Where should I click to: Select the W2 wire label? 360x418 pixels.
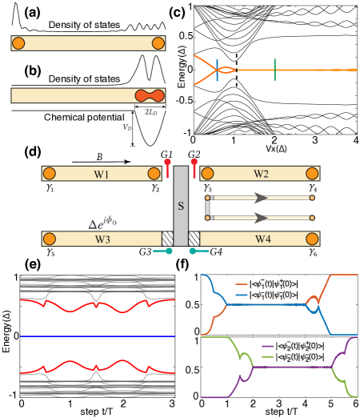click(261, 174)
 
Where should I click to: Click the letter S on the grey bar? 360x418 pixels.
click(181, 206)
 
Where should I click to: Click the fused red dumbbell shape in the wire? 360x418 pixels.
click(149, 96)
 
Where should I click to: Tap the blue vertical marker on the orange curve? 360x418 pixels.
click(216, 70)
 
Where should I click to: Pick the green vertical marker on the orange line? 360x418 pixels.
click(274, 70)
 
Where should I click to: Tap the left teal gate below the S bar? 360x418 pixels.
click(169, 251)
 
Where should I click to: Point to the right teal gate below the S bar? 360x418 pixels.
click(193, 251)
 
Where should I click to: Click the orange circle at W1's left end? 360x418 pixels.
click(50, 174)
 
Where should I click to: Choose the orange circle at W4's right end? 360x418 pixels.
click(312, 239)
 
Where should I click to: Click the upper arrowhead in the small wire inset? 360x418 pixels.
click(260, 197)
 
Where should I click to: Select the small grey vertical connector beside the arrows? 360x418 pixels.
click(207, 207)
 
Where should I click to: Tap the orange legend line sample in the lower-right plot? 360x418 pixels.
click(242, 284)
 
